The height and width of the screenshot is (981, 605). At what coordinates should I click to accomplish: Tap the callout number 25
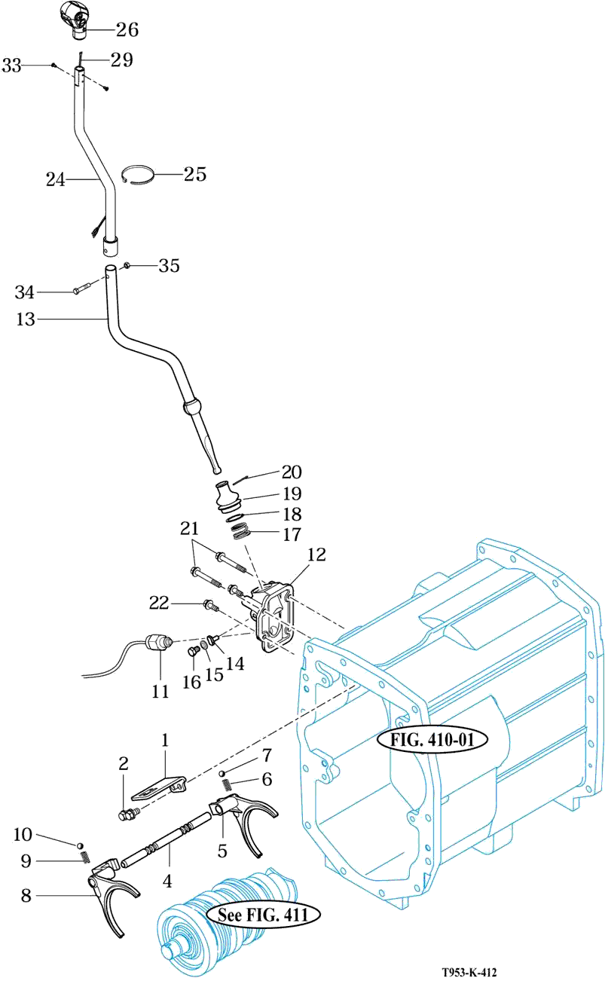click(195, 174)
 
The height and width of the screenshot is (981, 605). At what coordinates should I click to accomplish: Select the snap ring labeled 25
click(137, 175)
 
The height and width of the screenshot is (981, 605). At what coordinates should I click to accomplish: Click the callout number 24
click(56, 179)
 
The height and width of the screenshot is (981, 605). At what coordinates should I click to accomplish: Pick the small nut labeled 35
click(125, 265)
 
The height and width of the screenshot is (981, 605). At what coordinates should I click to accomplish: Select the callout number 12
click(316, 555)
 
